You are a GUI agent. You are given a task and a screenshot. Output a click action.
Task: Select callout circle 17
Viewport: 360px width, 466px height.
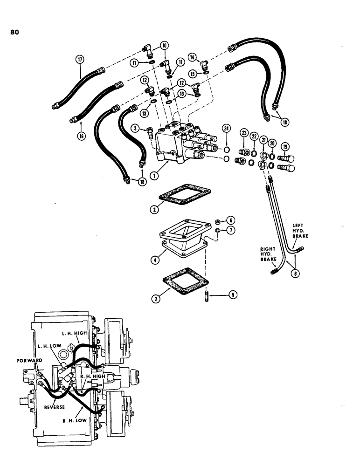[x=81, y=59]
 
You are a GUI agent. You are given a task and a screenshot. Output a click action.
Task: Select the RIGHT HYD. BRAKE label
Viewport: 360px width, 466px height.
[x=269, y=257]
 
